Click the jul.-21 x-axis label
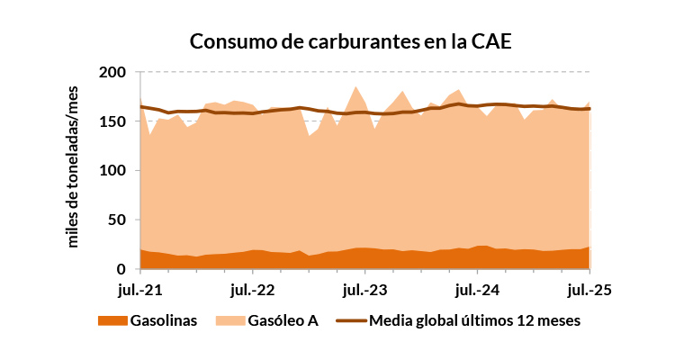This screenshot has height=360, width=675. pyautogui.click(x=139, y=290)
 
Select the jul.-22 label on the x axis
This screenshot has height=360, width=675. pyautogui.click(x=252, y=290)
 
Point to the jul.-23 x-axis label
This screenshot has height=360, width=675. pyautogui.click(x=364, y=290)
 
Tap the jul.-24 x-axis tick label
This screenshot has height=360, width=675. pyautogui.click(x=477, y=290)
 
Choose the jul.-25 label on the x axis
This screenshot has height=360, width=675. pyautogui.click(x=589, y=290)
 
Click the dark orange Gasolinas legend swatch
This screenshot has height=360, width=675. pyautogui.click(x=111, y=320)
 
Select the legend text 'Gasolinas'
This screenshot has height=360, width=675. pyautogui.click(x=164, y=320)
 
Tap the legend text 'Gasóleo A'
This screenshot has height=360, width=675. pyautogui.click(x=283, y=320)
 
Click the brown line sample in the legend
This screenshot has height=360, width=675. pyautogui.click(x=350, y=320)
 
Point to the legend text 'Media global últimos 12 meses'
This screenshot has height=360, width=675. pyautogui.click(x=475, y=320)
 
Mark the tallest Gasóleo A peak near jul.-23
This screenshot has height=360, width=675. pyautogui.click(x=356, y=86)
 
